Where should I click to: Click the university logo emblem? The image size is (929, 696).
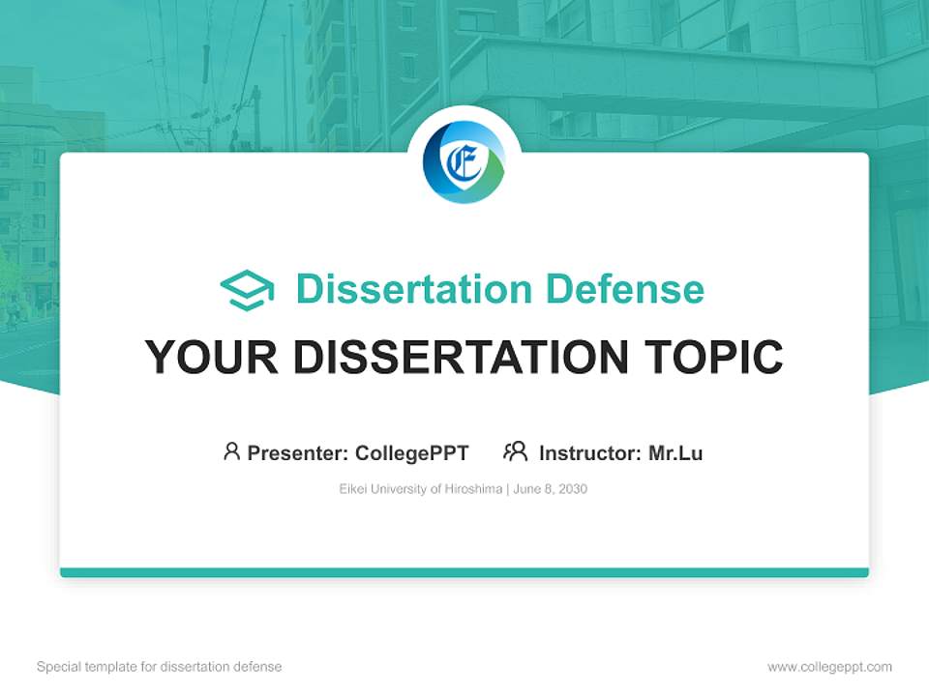point(464,162)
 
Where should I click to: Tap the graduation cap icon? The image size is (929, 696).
point(247,290)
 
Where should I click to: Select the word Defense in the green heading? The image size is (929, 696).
point(625,289)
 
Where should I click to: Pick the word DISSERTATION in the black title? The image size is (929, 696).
point(461,357)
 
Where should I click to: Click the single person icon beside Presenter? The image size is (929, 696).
point(231,451)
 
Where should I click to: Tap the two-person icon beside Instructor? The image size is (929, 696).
point(516,451)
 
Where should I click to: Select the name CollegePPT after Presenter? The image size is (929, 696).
point(412,453)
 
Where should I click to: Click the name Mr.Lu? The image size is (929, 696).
point(675,453)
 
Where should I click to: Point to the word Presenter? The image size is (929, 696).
point(297,453)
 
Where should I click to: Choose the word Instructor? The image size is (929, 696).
point(590,453)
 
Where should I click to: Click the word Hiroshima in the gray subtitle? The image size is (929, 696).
point(473,489)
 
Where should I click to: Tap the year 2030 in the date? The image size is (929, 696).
point(573,489)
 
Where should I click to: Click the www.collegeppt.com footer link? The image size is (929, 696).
point(829,667)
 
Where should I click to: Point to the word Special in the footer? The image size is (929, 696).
point(59,666)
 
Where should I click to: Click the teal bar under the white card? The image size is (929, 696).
point(464,572)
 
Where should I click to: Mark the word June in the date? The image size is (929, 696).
point(526,489)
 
